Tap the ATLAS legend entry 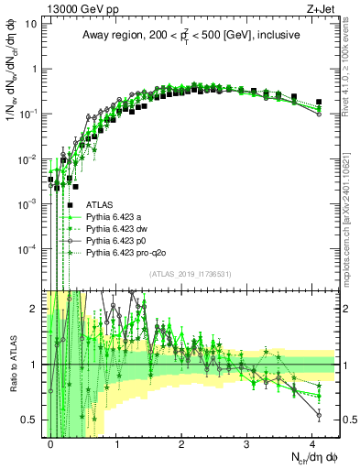100,205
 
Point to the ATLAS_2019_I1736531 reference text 191,275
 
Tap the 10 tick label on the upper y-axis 33,24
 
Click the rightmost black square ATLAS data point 318,102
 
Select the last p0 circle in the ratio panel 318,415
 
